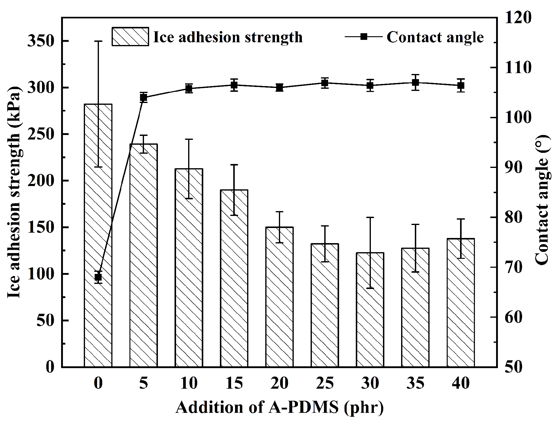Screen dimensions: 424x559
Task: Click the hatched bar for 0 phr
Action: coord(98,236)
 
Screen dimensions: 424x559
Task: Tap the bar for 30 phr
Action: coord(370,310)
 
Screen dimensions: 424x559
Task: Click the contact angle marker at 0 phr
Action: coord(98,277)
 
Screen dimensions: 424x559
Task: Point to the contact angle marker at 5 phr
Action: coord(143,97)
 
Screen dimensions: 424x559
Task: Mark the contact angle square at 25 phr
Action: coord(325,83)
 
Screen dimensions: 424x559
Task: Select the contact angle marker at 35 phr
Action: coord(415,82)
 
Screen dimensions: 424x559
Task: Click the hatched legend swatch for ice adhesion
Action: coord(130,37)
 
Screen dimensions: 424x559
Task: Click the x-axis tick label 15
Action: coord(234,383)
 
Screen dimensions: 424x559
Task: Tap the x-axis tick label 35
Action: coord(415,383)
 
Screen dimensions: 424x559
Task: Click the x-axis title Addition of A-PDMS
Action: coord(279,407)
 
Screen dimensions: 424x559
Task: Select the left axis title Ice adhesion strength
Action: coord(14,192)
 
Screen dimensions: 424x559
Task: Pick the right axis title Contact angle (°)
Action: coord(542,199)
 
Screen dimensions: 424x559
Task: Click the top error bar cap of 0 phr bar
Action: coord(98,41)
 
